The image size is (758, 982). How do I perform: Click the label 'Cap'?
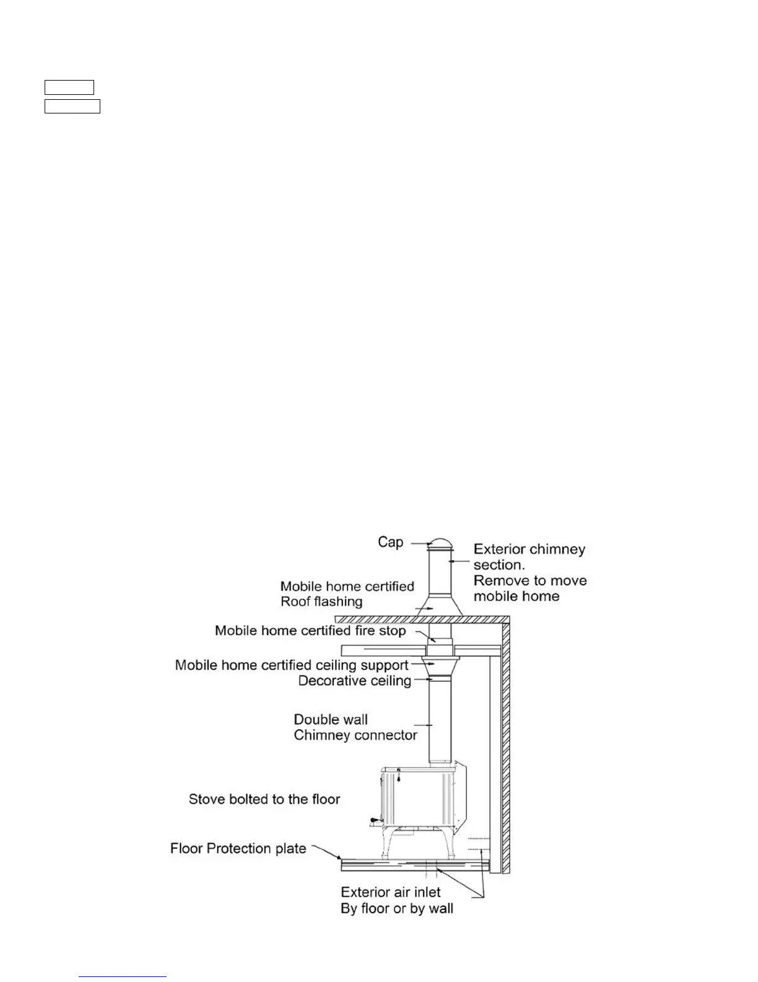point(390,542)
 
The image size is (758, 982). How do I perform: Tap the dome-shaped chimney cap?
point(439,544)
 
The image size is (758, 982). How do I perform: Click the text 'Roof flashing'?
point(321,602)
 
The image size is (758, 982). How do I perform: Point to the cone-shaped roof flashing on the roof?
point(439,605)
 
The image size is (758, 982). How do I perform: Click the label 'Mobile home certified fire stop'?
point(310,631)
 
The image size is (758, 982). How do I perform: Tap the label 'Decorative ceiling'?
point(355,681)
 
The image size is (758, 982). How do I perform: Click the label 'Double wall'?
point(331,720)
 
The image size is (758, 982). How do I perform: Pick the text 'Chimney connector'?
point(355,736)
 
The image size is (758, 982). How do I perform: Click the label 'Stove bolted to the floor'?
point(264,800)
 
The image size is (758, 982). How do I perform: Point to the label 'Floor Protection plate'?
point(238,849)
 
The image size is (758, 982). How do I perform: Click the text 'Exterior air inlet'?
point(391,893)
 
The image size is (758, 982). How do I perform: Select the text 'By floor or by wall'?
point(397,909)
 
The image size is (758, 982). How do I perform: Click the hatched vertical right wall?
point(505,744)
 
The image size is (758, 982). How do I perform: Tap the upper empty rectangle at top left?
point(69,87)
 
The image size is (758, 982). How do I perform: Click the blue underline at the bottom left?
point(123,977)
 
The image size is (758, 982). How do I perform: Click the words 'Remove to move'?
point(530,581)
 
